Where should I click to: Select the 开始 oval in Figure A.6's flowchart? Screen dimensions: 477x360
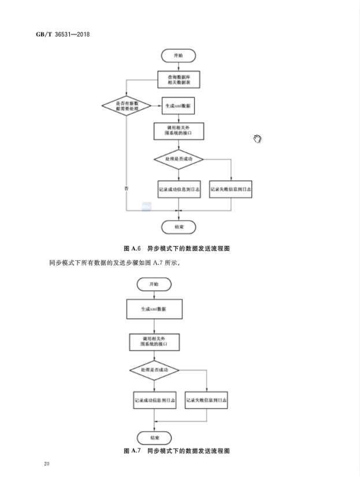click(x=179, y=56)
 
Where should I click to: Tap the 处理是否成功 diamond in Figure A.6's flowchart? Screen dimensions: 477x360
click(x=179, y=158)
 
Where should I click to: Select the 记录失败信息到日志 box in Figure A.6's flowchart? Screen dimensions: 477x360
click(x=231, y=188)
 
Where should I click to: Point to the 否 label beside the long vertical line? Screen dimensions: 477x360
click(x=126, y=189)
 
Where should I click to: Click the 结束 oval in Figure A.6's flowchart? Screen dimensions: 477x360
click(x=179, y=226)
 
